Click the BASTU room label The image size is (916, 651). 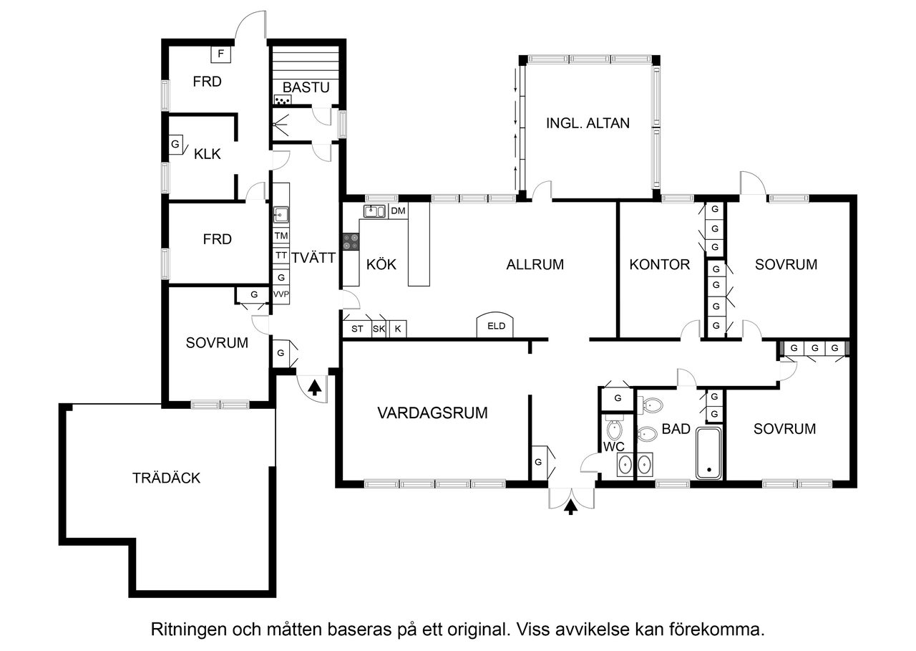pos(306,87)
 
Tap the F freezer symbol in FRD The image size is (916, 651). pos(220,54)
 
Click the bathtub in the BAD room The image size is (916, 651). pos(710,453)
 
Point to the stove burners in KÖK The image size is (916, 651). pos(351,242)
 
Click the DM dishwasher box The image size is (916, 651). pos(398,211)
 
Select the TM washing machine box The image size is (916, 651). pos(281,236)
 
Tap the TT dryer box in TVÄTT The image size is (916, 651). pos(281,256)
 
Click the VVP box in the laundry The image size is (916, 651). pos(281,294)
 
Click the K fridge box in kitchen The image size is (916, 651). pos(398,329)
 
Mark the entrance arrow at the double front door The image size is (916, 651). pos(570,508)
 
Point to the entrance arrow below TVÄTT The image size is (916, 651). pos(313,387)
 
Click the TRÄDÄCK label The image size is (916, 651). pos(166,478)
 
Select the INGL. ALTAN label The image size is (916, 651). pos(588,122)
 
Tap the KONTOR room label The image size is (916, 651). pos(659,264)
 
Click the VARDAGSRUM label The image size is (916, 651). pos(432,413)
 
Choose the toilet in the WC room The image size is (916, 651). pos(614,430)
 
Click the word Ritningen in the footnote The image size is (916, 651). pos(187,630)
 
